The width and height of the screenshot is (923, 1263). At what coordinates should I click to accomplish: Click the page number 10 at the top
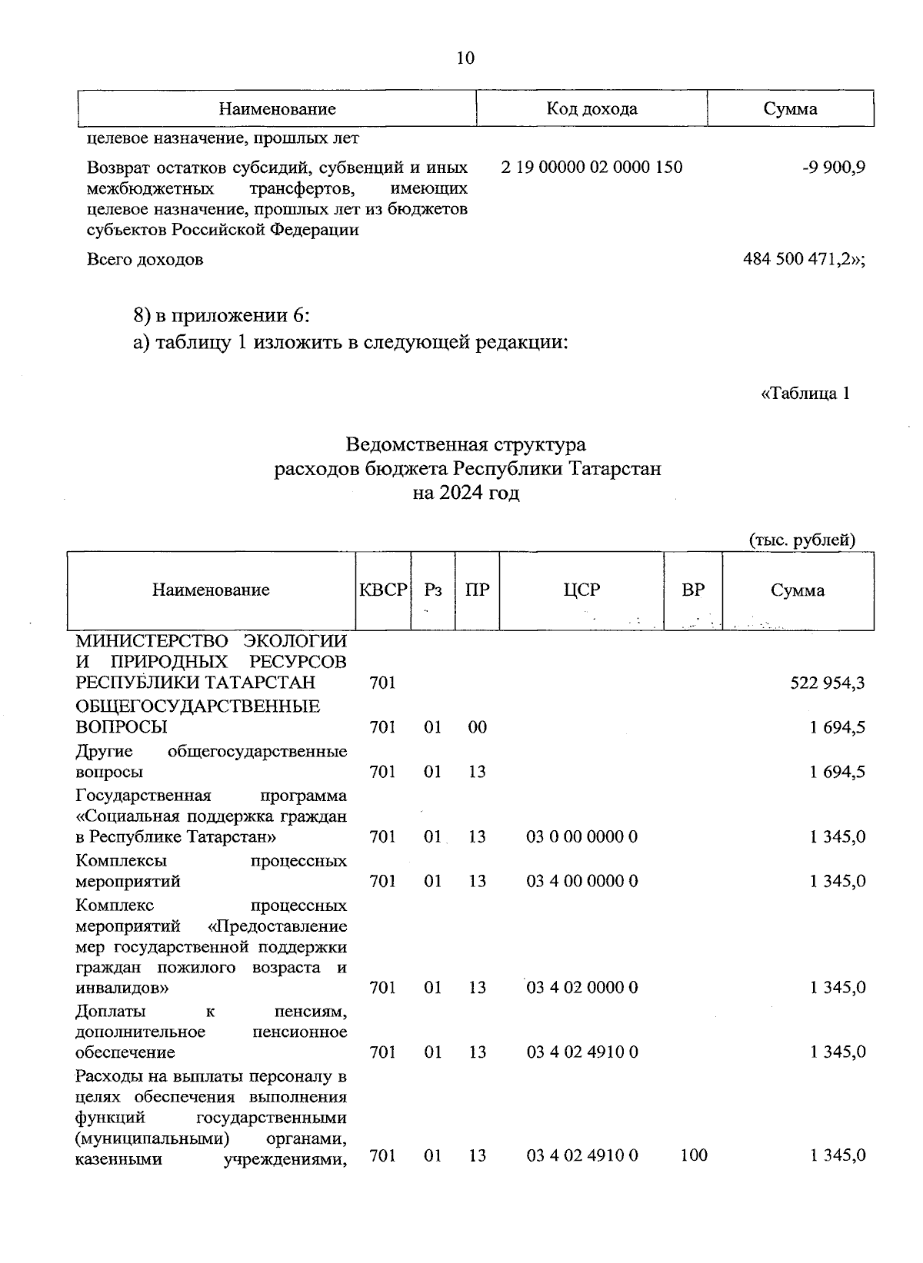click(465, 58)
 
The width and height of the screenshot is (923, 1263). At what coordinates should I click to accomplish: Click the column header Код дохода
click(591, 108)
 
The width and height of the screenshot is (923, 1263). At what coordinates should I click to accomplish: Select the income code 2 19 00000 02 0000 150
click(591, 167)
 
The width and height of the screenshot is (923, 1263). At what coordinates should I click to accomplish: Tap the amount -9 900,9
click(834, 167)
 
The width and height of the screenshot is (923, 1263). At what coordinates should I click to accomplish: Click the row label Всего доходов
click(145, 259)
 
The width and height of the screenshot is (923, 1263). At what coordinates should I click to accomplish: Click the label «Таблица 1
click(805, 394)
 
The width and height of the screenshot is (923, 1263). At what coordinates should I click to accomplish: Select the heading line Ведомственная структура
click(465, 444)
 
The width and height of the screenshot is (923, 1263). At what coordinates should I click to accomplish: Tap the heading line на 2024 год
click(465, 493)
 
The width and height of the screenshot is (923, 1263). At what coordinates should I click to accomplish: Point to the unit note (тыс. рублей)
click(802, 540)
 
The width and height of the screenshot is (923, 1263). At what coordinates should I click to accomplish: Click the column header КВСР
click(382, 590)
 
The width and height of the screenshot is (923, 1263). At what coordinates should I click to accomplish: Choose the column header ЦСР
click(581, 590)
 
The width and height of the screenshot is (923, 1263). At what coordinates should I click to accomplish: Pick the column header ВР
click(693, 590)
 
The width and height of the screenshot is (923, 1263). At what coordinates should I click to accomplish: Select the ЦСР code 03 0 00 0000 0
click(581, 836)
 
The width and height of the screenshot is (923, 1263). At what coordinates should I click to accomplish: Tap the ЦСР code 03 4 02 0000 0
click(581, 987)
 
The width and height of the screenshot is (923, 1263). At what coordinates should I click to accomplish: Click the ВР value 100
click(694, 1155)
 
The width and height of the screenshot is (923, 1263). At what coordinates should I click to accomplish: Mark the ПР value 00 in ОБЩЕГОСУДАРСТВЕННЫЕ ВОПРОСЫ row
click(477, 727)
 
